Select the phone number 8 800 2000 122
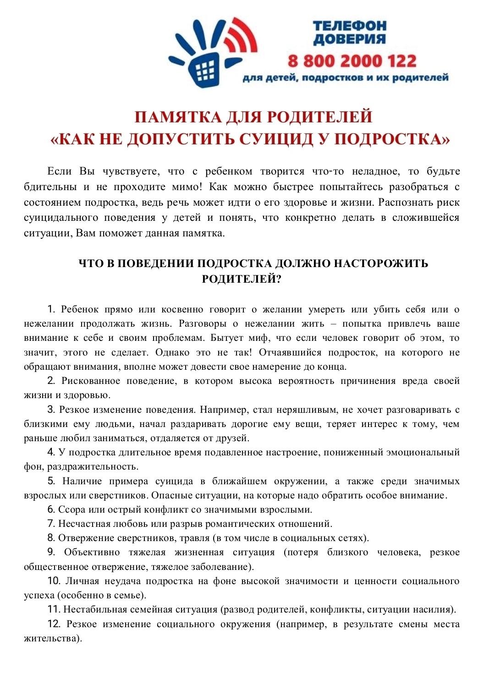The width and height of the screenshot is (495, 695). click(x=352, y=61)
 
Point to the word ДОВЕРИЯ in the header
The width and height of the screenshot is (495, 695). click(x=349, y=39)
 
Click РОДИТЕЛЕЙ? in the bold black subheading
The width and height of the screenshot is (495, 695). click(x=242, y=279)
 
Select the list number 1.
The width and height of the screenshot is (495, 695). click(x=51, y=309)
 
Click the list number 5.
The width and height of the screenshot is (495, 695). click(x=51, y=481)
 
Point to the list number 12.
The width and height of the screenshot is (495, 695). click(x=54, y=624)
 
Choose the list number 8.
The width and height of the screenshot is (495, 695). click(x=51, y=538)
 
